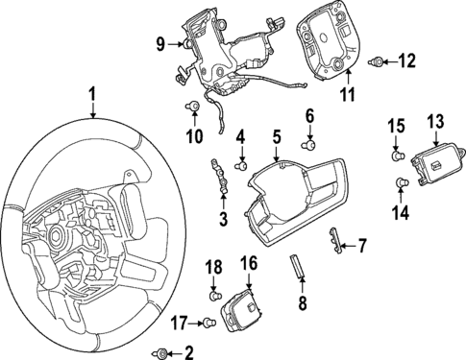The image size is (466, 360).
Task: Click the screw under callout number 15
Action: click(x=395, y=154)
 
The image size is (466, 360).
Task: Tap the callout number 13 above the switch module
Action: click(x=435, y=121)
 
